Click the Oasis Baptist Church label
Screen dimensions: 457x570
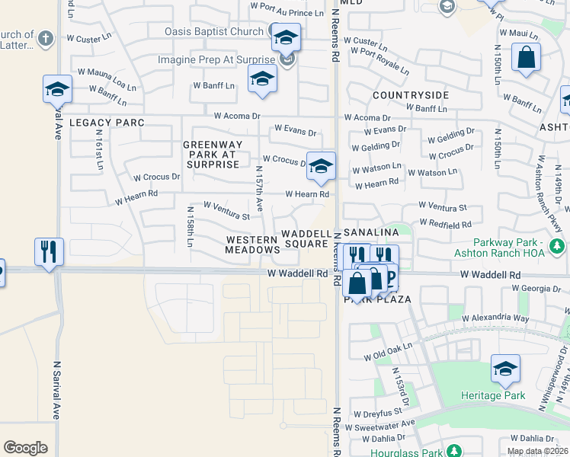coord(215,31)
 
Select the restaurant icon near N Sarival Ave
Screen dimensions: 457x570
coord(50,252)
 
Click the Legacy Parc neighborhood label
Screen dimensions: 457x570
coord(107,123)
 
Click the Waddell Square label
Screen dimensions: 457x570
coord(306,239)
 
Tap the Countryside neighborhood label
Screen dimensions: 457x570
coord(411,95)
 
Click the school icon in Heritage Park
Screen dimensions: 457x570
coord(505,370)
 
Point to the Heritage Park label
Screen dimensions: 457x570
coord(492,395)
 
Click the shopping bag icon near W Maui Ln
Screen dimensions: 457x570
coord(526,57)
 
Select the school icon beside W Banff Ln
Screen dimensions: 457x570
coord(262,79)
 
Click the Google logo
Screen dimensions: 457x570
coord(25,448)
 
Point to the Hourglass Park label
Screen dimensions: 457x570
coord(406,452)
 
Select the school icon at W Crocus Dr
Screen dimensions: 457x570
coord(322,165)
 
